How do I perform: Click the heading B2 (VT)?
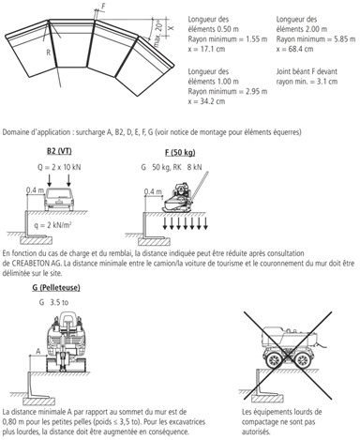click(x=59, y=151)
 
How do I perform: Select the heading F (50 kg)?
click(x=180, y=153)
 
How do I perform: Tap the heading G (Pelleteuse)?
click(x=56, y=287)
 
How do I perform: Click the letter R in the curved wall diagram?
click(x=48, y=53)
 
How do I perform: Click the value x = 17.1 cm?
click(x=206, y=49)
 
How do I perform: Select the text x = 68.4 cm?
click(x=294, y=49)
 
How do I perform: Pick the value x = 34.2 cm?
click(x=206, y=101)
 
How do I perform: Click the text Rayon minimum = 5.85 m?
click(x=316, y=39)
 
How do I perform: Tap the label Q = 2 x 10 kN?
click(x=59, y=167)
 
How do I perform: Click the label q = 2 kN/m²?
click(x=54, y=225)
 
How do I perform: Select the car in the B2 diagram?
click(x=59, y=199)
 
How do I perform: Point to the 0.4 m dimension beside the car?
click(x=36, y=190)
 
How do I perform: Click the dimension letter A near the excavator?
click(x=38, y=351)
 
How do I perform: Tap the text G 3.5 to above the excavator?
click(x=53, y=302)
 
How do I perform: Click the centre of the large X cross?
click(x=288, y=356)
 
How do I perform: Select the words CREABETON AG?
click(x=34, y=264)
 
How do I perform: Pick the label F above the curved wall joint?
click(x=103, y=7)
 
